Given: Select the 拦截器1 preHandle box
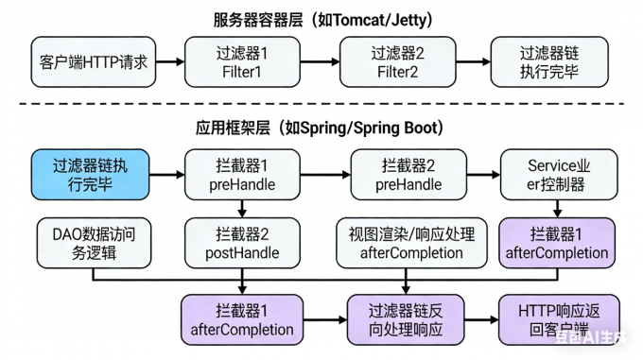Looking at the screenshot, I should tap(243, 174).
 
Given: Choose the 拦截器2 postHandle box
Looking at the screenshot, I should tap(243, 243).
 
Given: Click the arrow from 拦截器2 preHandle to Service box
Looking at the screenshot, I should tap(484, 174).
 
